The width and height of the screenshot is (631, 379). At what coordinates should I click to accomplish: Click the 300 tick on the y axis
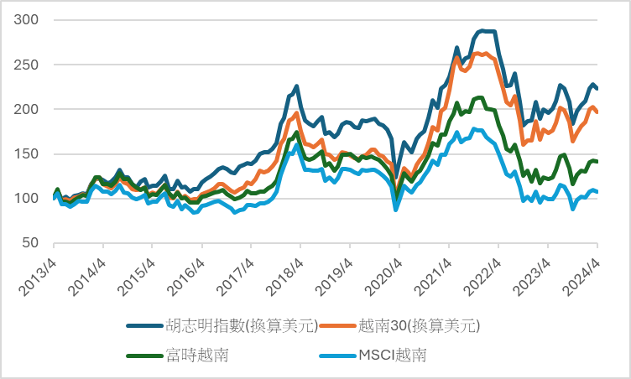[32, 19]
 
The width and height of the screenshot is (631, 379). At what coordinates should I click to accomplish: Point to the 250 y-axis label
[32, 65]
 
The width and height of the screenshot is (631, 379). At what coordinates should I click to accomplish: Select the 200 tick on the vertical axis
[32, 109]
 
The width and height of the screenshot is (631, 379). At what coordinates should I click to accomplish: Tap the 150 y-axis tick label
[32, 153]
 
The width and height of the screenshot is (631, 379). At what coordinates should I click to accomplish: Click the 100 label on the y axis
[32, 199]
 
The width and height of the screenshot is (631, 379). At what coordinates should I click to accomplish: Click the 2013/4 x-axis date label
[39, 269]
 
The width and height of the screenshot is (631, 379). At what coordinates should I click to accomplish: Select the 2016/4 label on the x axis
[186, 269]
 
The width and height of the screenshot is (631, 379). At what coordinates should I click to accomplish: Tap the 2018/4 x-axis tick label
[285, 269]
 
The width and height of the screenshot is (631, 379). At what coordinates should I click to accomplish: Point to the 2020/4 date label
[384, 269]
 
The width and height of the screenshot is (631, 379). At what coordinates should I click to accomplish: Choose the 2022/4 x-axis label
[483, 269]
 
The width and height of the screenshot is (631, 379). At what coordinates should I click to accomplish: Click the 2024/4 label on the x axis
[582, 269]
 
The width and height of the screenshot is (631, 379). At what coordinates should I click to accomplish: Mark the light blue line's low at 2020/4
[396, 210]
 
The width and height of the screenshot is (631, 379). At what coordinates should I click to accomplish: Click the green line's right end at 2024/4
[597, 161]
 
